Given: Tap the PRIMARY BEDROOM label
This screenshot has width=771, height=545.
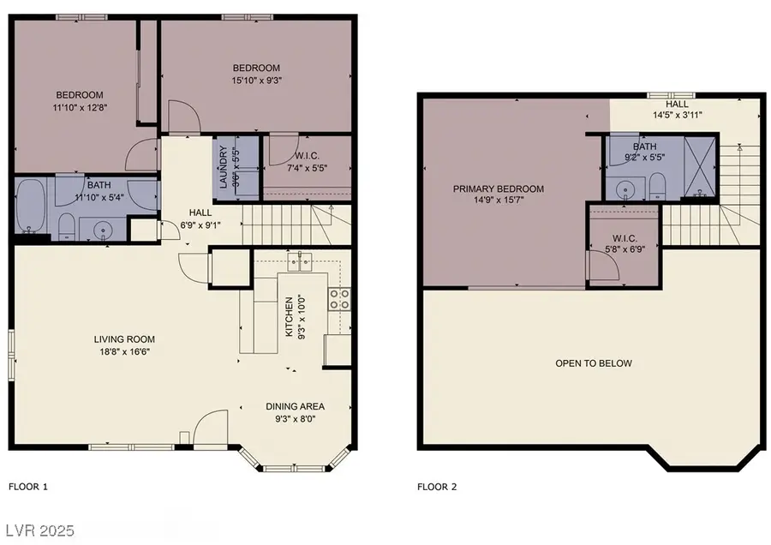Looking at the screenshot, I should [499, 189].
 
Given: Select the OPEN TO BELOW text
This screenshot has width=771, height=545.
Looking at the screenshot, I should [594, 363].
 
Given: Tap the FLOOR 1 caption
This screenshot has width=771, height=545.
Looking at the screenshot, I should [28, 487].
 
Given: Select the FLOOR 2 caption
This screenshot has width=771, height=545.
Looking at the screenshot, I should [437, 487].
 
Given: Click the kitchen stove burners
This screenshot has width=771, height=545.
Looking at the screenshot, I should [338, 298].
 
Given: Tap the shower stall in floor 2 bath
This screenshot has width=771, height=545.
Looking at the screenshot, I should [702, 167].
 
